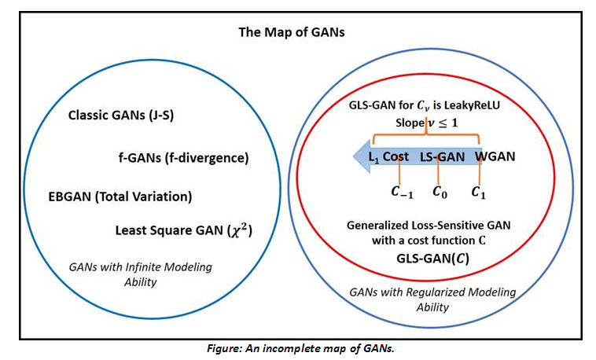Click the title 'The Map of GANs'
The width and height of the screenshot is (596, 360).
(292, 32)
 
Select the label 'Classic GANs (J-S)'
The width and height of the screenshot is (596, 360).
(121, 116)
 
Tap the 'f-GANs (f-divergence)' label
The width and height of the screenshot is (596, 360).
(183, 158)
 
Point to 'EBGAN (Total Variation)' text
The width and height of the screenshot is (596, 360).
(120, 197)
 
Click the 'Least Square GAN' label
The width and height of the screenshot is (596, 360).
(169, 230)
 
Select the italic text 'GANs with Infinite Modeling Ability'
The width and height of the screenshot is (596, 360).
(140, 274)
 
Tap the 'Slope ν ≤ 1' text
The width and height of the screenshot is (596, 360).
(426, 123)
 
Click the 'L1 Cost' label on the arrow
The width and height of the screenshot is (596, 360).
(388, 157)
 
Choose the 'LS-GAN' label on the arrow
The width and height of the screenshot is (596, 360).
(442, 157)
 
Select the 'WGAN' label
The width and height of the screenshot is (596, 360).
(495, 156)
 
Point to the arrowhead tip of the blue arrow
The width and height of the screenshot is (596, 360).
(354, 156)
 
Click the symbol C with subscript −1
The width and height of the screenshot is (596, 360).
(402, 192)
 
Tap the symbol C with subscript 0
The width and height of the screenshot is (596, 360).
(440, 192)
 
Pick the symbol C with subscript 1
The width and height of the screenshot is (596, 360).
(479, 192)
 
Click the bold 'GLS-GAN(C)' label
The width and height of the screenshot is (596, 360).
(432, 259)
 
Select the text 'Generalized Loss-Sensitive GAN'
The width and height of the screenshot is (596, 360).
(429, 226)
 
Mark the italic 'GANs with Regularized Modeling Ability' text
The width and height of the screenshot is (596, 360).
(432, 299)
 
